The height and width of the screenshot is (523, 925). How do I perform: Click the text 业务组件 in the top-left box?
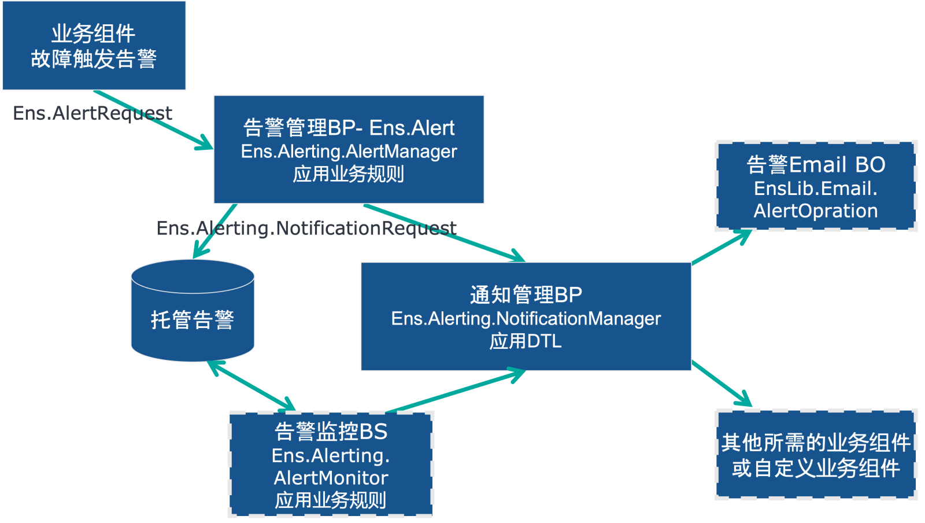[94, 34]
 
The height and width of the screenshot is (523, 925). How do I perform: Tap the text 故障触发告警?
[94, 59]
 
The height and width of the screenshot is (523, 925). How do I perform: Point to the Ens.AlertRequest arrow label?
[92, 113]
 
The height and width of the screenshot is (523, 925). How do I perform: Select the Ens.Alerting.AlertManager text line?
[349, 152]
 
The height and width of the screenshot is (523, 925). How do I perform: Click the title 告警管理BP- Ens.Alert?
[349, 128]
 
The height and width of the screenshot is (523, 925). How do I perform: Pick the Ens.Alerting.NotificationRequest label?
[306, 229]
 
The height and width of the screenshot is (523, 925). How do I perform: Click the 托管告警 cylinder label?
[193, 319]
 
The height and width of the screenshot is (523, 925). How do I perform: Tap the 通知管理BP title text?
[526, 295]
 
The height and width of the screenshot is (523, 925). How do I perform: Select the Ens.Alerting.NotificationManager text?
[526, 319]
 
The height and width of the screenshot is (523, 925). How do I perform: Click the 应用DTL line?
[526, 341]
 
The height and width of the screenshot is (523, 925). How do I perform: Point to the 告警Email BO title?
[816, 165]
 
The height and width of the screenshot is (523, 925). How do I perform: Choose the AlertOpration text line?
[816, 211]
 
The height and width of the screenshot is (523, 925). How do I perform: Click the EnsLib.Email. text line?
[816, 189]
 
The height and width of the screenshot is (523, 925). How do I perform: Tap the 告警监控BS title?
[331, 432]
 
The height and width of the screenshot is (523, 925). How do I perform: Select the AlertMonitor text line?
[331, 478]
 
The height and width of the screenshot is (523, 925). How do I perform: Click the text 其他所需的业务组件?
[816, 443]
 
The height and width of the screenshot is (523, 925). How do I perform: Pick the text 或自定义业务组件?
[816, 468]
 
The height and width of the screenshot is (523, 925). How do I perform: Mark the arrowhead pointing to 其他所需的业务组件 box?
[745, 401]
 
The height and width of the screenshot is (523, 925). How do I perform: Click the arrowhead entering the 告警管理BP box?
[206, 143]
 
